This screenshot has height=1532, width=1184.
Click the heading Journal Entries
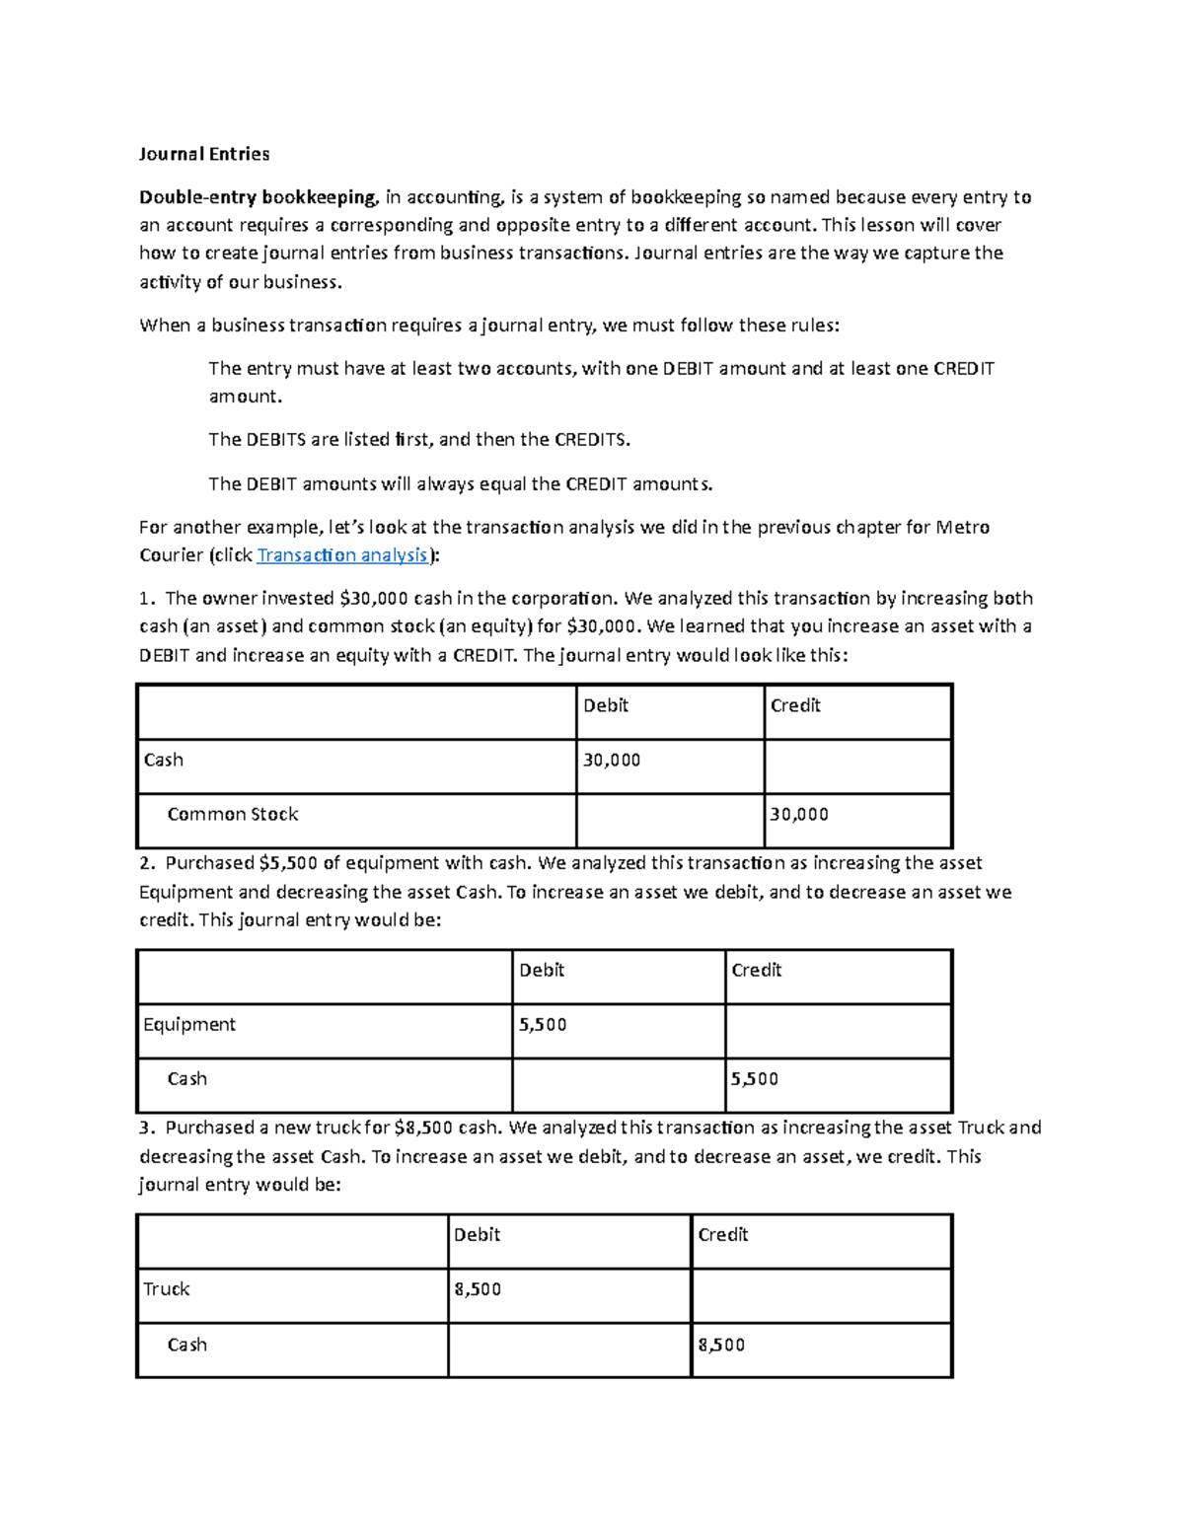203,154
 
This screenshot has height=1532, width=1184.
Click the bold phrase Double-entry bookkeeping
258,197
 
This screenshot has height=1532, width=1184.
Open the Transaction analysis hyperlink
342,555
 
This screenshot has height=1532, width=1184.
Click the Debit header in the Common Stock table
605,705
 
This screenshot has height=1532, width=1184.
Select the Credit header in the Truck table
722,1235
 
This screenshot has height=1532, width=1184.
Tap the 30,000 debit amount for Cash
611,760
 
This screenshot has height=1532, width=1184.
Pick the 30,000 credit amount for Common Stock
798,815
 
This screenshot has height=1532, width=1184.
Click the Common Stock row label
232,815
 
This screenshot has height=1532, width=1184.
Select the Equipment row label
189,1025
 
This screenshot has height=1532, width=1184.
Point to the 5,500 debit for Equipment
543,1025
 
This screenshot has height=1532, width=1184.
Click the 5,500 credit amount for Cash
754,1079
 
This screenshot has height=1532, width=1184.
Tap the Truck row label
166,1289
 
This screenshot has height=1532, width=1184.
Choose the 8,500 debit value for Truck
478,1289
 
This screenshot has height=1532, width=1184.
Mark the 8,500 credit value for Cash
721,1345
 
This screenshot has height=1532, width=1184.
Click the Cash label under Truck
186,1345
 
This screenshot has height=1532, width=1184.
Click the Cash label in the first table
163,760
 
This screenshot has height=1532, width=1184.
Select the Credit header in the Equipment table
756,971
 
